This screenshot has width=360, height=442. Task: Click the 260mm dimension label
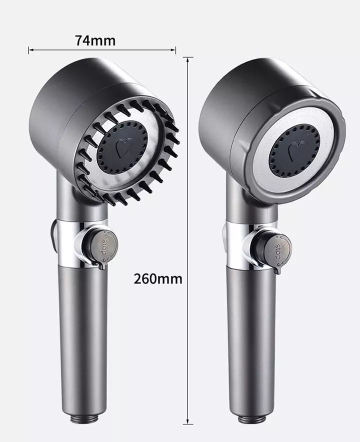click(x=157, y=278)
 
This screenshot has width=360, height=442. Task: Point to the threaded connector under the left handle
click(x=85, y=417)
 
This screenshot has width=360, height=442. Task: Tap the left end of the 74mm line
click(x=29, y=49)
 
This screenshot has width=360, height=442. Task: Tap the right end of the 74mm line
click(x=175, y=49)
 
